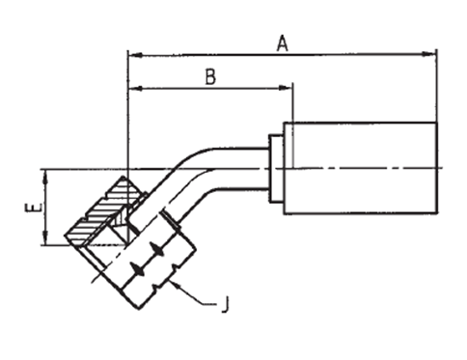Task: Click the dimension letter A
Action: coord(283,44)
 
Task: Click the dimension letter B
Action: coord(210,77)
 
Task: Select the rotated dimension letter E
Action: coord(33,208)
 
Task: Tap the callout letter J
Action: coord(226,304)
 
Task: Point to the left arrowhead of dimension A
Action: coord(135,55)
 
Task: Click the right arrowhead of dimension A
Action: coord(429,54)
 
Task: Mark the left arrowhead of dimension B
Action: coord(135,88)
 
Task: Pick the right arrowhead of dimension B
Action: coord(286,88)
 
